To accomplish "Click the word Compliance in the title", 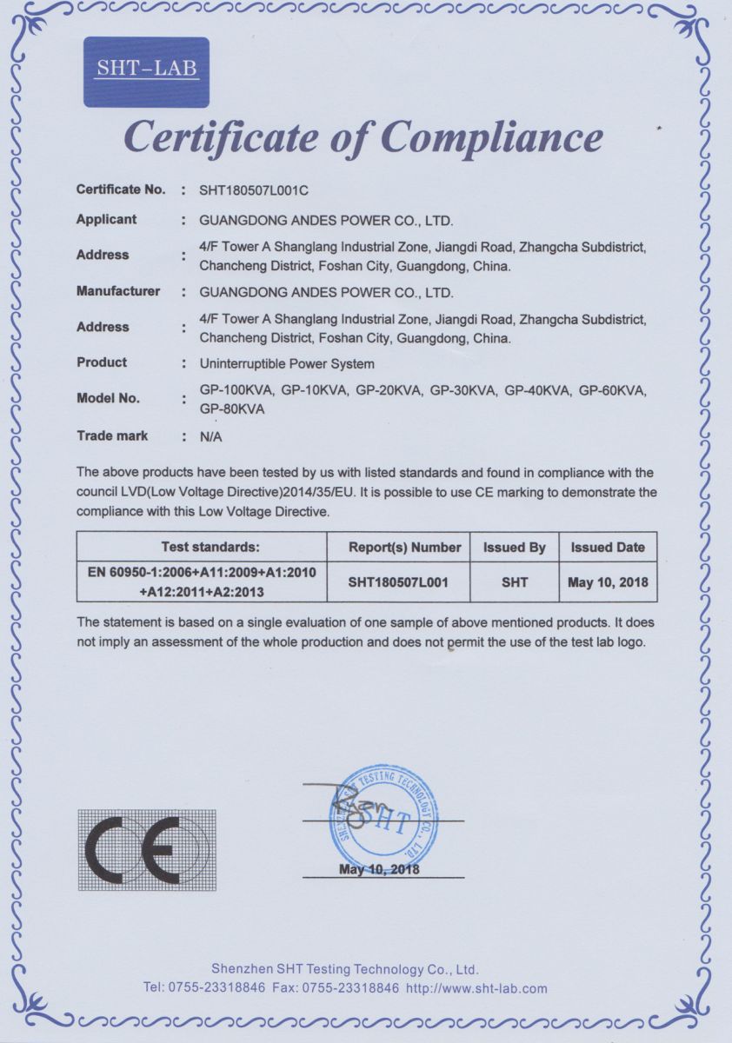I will (493, 137).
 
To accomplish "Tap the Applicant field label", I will (106, 219).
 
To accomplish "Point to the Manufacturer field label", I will (118, 291).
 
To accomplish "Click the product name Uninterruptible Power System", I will (287, 363).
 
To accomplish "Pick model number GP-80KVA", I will (232, 409).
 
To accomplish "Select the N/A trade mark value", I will (211, 437).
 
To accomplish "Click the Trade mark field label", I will (112, 435).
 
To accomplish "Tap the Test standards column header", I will (210, 548).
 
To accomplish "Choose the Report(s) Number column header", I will (404, 548).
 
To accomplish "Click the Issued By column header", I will (515, 548).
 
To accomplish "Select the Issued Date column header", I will (608, 548).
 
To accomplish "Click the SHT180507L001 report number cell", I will (398, 582).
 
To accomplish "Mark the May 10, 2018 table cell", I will (608, 582).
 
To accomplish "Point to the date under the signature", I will (379, 869).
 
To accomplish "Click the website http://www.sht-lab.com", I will (476, 988).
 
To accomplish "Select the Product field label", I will (102, 362).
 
